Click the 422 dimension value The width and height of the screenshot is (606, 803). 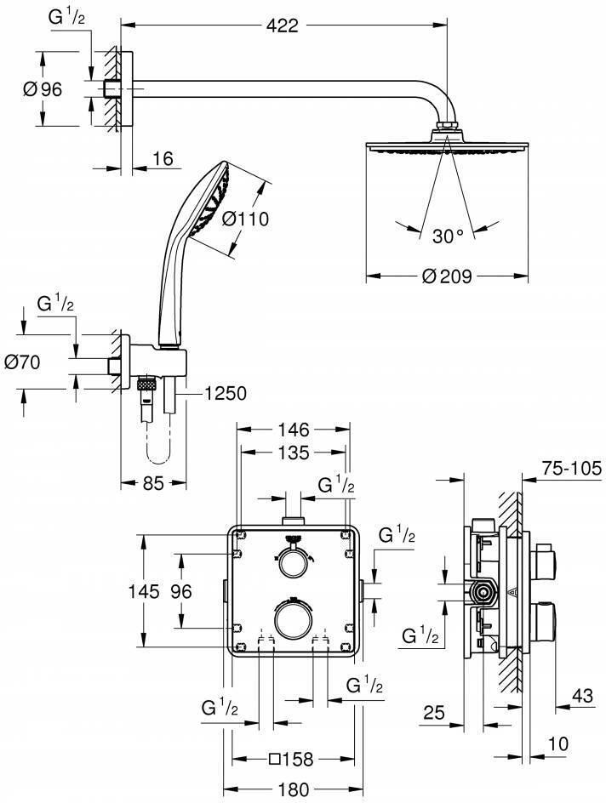tap(283, 25)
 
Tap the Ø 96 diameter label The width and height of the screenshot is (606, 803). tap(43, 89)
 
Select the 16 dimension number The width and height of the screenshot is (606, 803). tap(163, 159)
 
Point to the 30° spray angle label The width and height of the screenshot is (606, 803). tap(448, 236)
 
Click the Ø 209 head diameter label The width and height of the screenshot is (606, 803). tap(447, 276)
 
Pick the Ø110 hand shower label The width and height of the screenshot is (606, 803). tap(245, 219)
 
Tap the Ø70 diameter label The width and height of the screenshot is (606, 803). tap(22, 362)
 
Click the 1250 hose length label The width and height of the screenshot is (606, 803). tap(226, 393)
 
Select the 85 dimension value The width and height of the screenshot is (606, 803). tap(153, 482)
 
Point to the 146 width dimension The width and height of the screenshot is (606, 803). tap(294, 430)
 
